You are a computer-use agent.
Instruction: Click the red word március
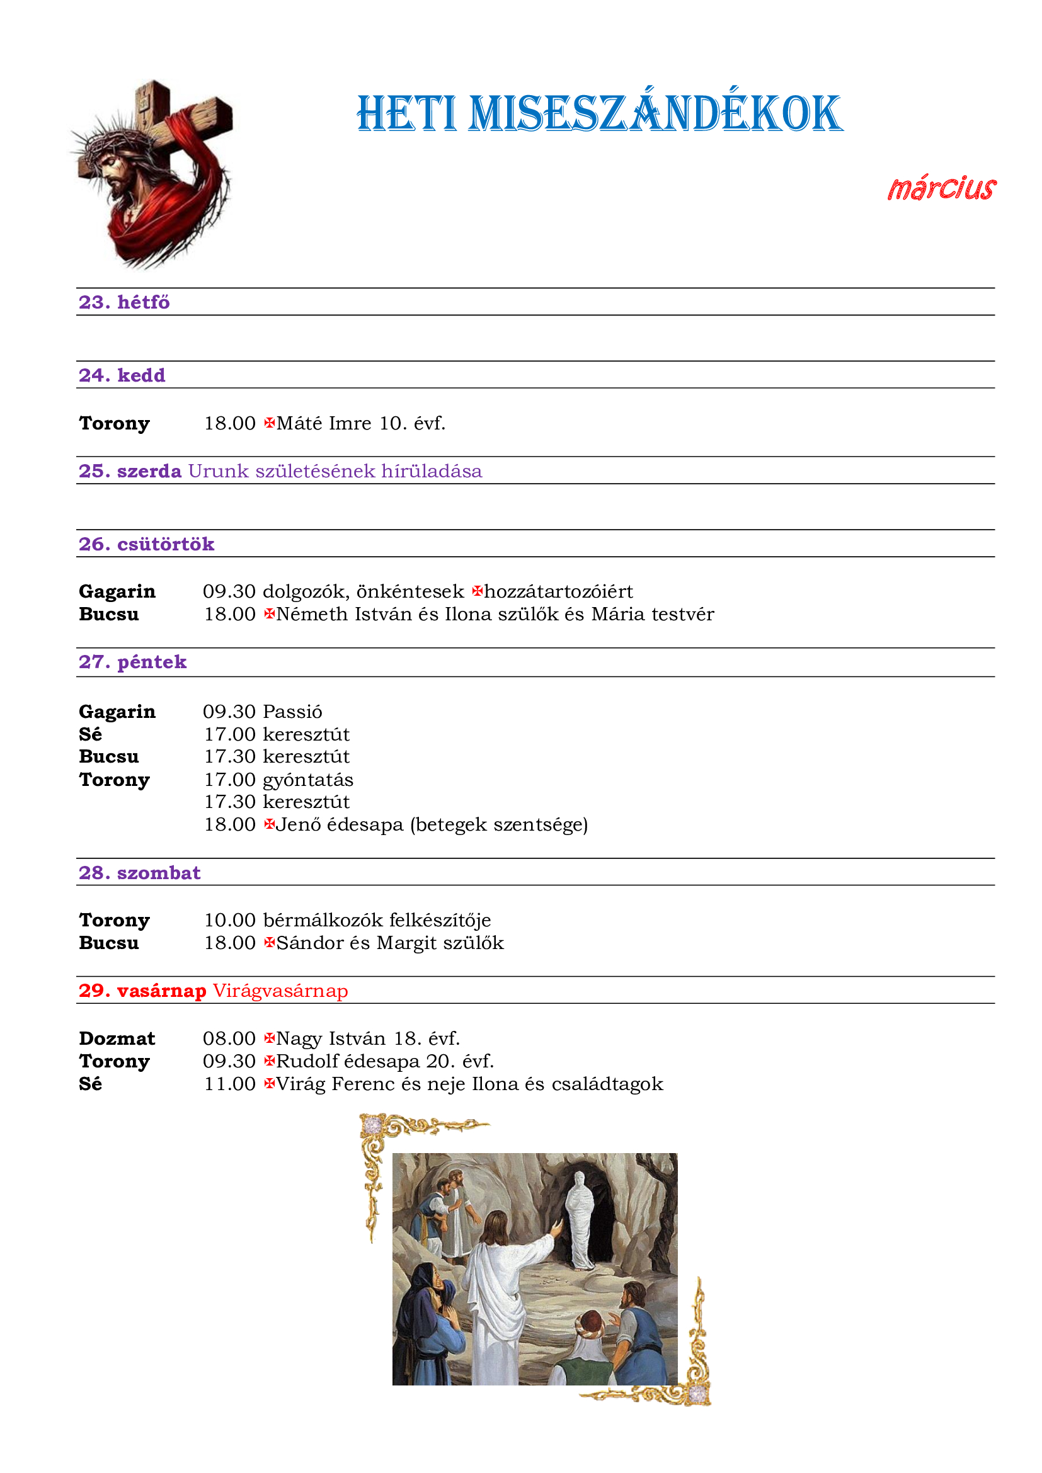941,189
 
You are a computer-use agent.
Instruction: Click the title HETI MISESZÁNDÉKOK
599,114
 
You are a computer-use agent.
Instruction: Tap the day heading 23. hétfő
124,302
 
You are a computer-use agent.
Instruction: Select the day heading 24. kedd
122,375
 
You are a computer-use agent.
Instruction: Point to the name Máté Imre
324,423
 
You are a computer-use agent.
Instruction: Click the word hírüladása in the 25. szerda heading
431,471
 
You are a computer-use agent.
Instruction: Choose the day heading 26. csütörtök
146,544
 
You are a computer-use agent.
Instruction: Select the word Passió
292,712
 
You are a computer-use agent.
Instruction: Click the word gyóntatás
308,780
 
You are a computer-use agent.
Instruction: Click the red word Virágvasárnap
280,991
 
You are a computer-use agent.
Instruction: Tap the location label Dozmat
117,1038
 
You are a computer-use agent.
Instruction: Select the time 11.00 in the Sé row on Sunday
230,1084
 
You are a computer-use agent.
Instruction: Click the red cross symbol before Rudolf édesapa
270,1061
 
